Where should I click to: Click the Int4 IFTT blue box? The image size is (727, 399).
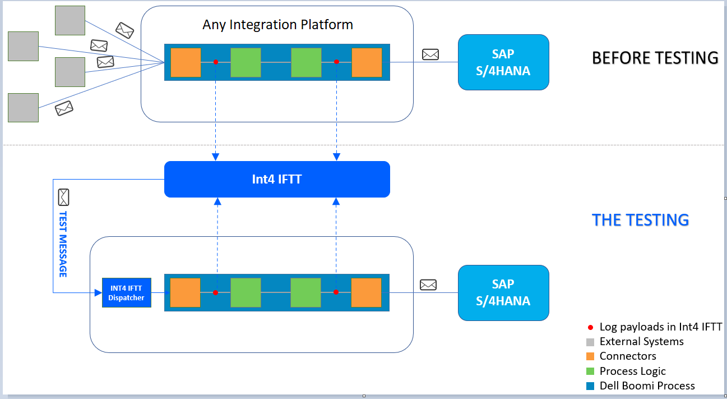(x=277, y=179)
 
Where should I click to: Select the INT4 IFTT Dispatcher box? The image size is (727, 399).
(x=127, y=292)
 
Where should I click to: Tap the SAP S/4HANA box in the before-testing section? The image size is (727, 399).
(x=503, y=62)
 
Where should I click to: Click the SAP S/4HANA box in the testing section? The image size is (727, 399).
(x=503, y=292)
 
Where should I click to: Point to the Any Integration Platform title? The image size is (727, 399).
(x=277, y=25)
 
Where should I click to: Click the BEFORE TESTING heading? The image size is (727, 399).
(x=655, y=58)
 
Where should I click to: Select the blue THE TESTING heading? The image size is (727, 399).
(x=640, y=220)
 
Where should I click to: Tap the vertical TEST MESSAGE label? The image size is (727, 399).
(x=63, y=244)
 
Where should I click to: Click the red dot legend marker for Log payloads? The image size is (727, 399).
(x=590, y=328)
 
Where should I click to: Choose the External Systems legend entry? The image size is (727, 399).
(x=635, y=342)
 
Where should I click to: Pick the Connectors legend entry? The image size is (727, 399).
(x=621, y=356)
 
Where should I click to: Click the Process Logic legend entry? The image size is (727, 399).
(x=626, y=371)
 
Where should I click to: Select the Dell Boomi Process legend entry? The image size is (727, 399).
(x=640, y=386)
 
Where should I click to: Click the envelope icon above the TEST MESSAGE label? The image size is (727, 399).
(x=63, y=197)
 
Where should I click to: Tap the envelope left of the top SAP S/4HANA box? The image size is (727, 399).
(x=430, y=54)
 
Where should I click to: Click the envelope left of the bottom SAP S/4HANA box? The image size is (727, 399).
(x=428, y=285)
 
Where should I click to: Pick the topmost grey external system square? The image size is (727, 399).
(x=70, y=20)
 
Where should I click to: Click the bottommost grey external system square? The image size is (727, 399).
(x=24, y=108)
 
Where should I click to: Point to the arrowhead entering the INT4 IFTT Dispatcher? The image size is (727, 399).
(x=98, y=293)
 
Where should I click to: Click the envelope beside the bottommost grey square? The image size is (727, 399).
(x=64, y=108)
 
